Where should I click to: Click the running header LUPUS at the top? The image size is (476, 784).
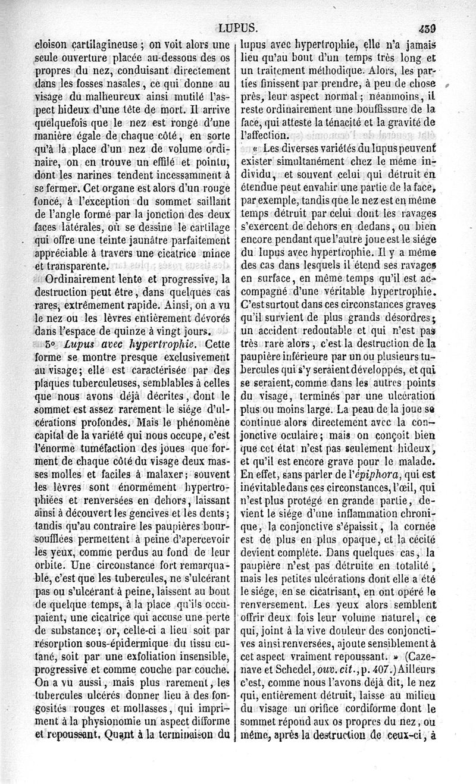tap(237, 27)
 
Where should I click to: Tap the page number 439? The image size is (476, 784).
tap(427, 27)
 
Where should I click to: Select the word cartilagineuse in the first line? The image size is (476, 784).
tap(96, 43)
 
